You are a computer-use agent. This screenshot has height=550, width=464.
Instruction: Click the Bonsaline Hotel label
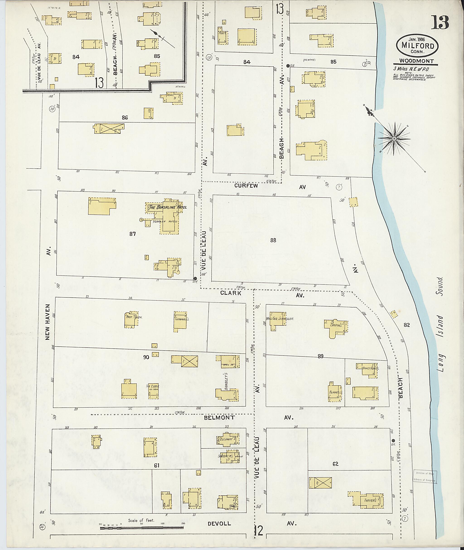pos(167,207)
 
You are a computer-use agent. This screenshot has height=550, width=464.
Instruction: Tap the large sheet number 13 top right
pos(440,23)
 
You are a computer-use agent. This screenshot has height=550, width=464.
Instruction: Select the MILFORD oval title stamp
pos(418,46)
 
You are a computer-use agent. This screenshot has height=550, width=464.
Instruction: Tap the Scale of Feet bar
pos(142,527)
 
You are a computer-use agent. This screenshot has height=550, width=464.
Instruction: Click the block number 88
pos(273,240)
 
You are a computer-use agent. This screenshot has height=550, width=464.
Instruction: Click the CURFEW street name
pos(246,186)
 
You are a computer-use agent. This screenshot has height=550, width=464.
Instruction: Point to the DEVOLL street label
pos(219,524)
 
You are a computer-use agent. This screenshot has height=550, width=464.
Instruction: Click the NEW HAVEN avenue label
pos(48,322)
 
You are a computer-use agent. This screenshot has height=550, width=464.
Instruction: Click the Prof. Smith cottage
pos(131,320)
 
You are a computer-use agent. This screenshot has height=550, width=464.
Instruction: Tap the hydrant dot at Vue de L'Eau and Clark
pos(195,279)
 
